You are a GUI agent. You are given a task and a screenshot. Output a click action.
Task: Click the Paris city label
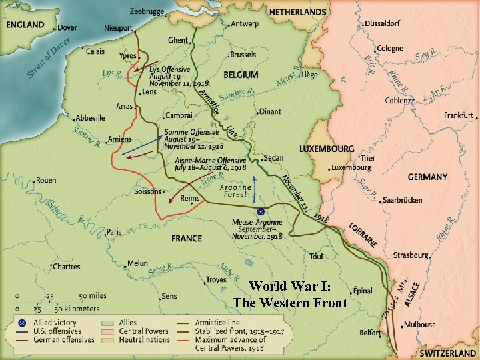115,232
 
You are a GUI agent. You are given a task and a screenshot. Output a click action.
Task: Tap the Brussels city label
242,54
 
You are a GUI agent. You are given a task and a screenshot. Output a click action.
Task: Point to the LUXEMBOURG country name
327,148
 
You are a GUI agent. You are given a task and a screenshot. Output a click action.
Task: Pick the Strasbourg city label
411,255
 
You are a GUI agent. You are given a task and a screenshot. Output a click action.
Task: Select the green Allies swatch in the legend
106,323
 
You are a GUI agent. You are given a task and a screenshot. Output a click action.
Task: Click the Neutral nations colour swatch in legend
106,340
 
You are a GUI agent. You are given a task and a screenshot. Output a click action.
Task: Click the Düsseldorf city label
383,23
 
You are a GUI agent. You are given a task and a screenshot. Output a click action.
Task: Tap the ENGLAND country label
25,25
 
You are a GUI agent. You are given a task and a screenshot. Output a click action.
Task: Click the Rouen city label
45,180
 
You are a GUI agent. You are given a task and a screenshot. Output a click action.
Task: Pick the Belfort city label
371,331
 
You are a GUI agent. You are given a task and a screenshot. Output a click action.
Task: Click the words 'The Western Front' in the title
290,303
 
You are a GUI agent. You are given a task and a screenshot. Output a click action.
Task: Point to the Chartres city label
66,267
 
